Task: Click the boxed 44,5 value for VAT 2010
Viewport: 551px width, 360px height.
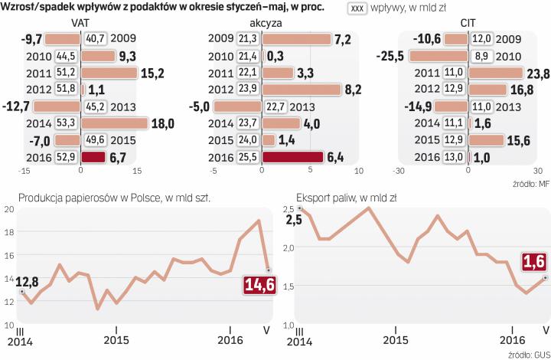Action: tap(66, 56)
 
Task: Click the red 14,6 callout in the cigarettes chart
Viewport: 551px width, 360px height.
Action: tap(257, 286)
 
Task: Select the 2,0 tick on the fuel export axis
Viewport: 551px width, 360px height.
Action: tap(289, 247)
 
